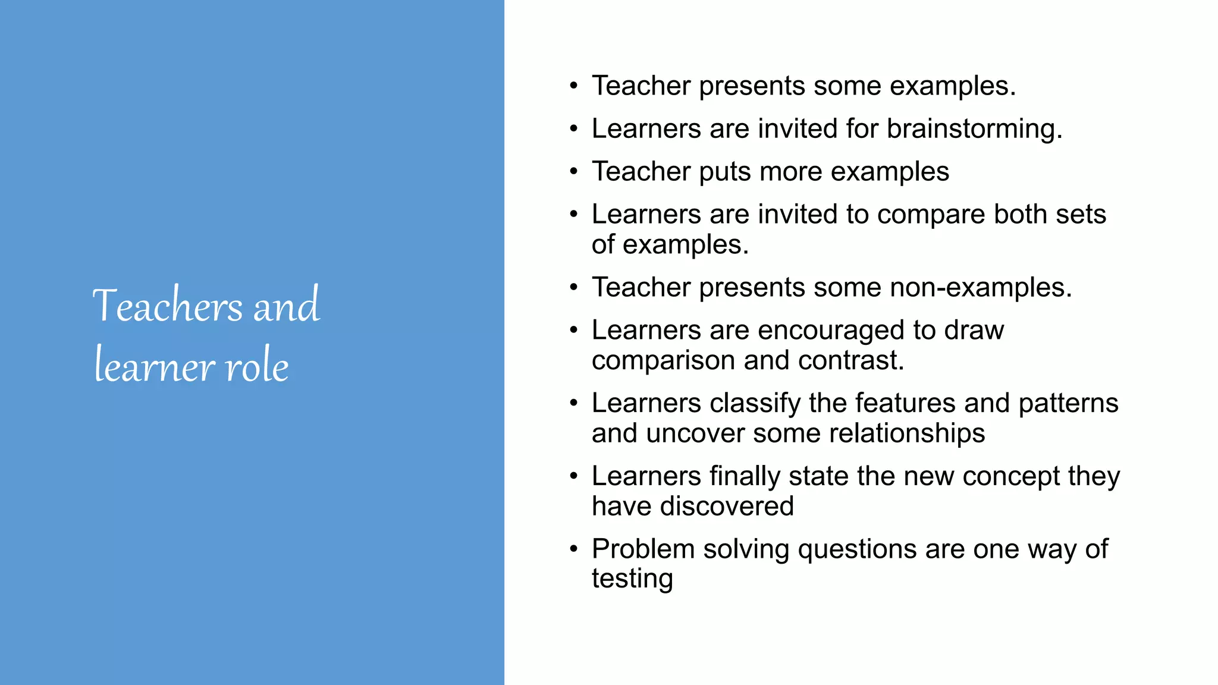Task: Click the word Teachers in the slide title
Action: point(168,306)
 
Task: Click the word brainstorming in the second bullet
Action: point(974,129)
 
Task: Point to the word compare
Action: point(931,215)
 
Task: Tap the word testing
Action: point(632,579)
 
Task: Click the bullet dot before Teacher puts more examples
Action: point(573,172)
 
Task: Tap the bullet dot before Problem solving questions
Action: point(573,549)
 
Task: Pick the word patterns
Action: point(1068,404)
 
